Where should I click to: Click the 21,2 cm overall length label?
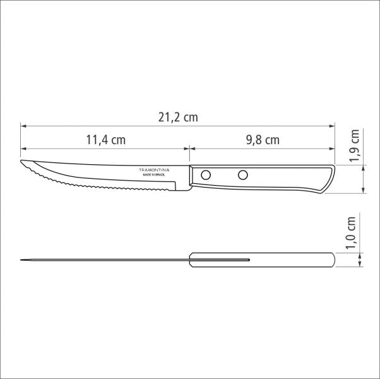tap(177, 117)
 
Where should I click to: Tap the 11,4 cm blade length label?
tap(105, 140)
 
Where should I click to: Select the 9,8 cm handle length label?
tap(262, 140)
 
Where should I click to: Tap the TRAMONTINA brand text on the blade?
tap(154, 171)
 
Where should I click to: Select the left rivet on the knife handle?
tap(206, 175)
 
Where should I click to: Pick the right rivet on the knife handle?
tap(242, 175)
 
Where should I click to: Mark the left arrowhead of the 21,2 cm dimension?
tap(22, 125)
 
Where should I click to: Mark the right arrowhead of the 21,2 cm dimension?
tap(333, 125)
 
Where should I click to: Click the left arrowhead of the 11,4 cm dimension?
tap(22, 148)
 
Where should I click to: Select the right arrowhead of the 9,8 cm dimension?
tap(333, 148)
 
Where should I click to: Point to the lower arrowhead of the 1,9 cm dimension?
tap(363, 193)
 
